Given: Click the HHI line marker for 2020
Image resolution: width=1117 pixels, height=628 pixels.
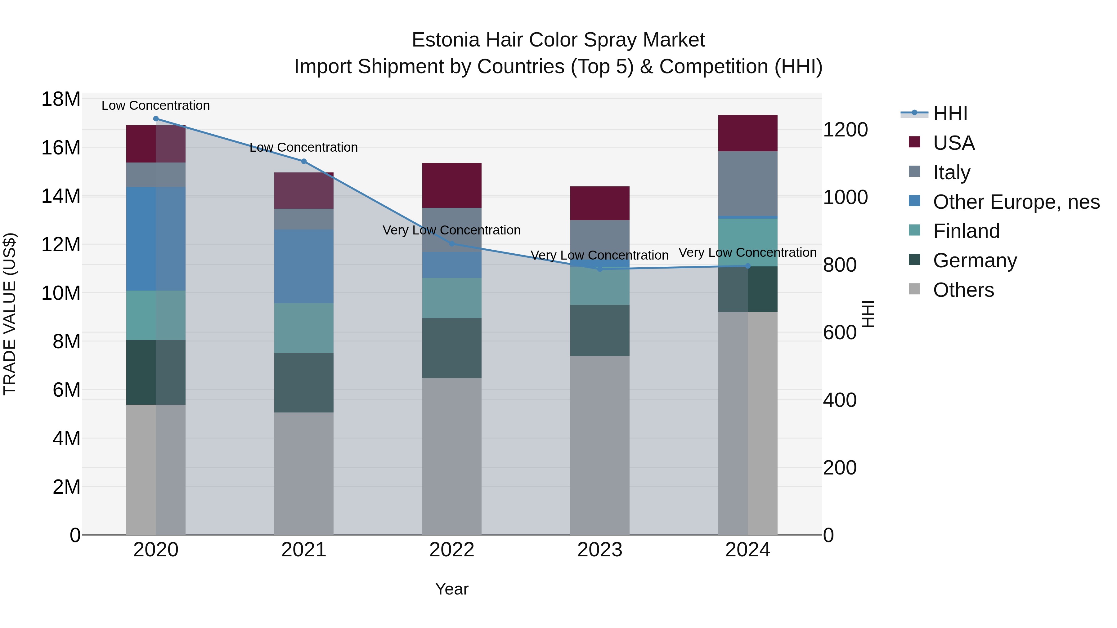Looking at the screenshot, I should (x=156, y=119).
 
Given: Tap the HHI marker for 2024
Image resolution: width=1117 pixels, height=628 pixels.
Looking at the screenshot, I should (x=747, y=266).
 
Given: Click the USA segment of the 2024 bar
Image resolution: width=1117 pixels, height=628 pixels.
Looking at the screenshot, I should (x=747, y=133).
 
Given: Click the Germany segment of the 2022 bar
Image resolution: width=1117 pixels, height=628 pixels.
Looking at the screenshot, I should (x=451, y=348).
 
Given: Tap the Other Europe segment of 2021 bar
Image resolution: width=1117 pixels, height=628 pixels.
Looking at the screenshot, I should (x=303, y=266).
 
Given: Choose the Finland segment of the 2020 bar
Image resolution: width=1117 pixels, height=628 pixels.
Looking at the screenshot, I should (x=156, y=315).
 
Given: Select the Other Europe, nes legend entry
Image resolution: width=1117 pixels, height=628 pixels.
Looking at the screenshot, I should (x=1016, y=202).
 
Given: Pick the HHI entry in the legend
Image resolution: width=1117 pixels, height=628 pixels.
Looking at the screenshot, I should (x=950, y=114).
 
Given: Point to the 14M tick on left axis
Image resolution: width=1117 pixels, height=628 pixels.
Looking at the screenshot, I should (x=61, y=196).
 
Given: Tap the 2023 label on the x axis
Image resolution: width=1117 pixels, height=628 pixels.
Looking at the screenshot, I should (x=600, y=550).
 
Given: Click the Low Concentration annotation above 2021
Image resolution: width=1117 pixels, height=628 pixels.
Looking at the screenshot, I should (x=303, y=147).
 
